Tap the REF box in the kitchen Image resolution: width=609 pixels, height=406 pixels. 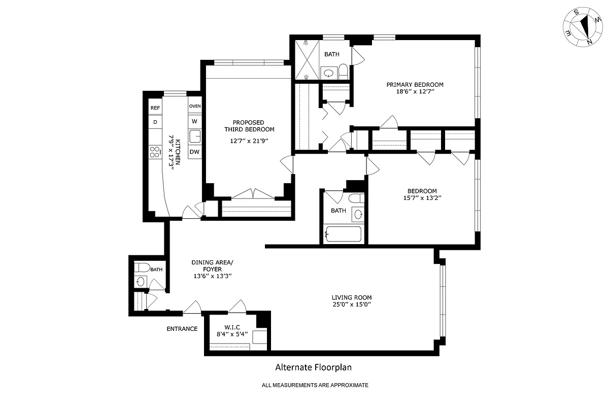tap(155, 108)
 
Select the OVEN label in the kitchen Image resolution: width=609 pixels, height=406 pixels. tap(195, 106)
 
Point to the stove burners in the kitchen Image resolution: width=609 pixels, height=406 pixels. tap(155, 151)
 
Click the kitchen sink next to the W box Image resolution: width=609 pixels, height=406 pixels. tap(195, 136)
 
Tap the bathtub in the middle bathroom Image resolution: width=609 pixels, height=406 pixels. tap(343, 234)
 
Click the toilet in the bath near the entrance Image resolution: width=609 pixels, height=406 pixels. tap(142, 267)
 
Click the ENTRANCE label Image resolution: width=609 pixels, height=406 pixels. tap(182, 329)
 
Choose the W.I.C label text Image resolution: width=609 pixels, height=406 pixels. tap(232, 327)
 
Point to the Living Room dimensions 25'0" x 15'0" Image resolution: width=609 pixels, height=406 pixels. tap(352, 305)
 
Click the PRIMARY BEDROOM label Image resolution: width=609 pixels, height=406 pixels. tap(415, 84)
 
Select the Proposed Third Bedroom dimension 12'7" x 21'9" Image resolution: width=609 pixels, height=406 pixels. tap(248, 140)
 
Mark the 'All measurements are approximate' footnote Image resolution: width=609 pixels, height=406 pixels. tap(315, 385)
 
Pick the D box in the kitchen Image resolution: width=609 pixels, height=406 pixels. tap(155, 122)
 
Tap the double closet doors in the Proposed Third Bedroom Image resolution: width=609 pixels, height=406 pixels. tap(252, 194)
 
